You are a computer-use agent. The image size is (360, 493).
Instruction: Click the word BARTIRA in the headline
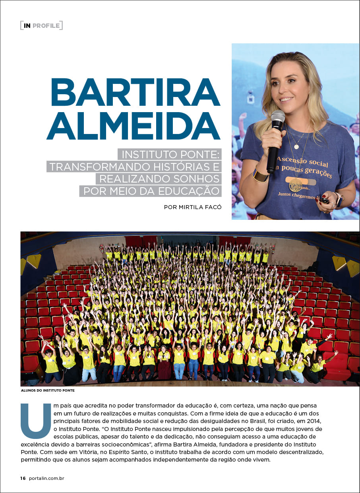(x=135, y=92)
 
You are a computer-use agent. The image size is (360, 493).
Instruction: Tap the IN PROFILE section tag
(x=42, y=26)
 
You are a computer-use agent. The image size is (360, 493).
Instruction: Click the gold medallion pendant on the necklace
(x=295, y=184)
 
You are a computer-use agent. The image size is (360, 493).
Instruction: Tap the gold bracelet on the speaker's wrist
(x=259, y=175)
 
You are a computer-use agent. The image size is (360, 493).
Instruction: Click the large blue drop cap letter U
(x=35, y=421)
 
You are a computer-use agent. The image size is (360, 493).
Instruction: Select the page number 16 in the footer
(x=23, y=478)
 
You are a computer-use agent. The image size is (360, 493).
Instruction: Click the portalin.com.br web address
(x=46, y=478)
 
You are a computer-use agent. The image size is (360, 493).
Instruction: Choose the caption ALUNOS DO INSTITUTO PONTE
(x=48, y=390)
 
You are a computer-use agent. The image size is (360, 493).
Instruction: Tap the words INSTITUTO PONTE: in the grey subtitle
(x=171, y=154)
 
